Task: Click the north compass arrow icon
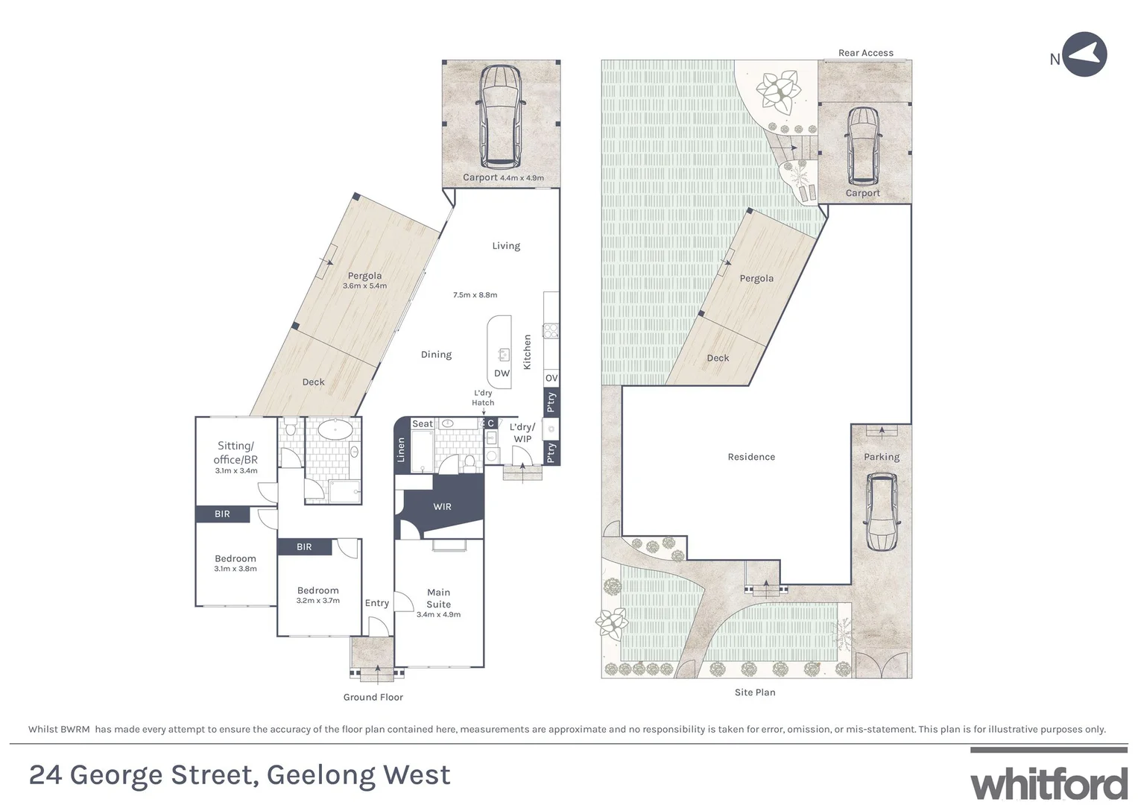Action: point(1084,54)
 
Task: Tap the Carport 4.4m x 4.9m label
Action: point(503,177)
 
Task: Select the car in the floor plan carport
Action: point(500,116)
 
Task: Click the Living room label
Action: point(506,246)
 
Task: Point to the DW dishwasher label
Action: point(502,373)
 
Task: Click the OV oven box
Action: point(551,379)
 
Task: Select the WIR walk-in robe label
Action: point(442,507)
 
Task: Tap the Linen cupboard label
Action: point(401,449)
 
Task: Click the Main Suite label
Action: point(438,599)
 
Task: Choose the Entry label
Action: point(377,603)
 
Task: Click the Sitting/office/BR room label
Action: point(235,453)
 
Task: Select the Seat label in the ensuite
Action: point(423,424)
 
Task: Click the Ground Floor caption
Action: point(373,698)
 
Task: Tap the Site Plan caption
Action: point(755,692)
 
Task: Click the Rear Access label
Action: point(865,53)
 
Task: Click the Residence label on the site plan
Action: point(751,457)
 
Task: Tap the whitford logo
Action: point(1049,784)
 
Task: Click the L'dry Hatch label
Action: point(483,398)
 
